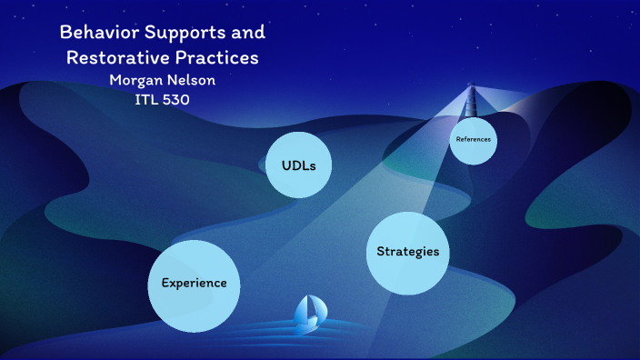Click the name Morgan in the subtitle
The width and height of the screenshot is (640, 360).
click(x=135, y=80)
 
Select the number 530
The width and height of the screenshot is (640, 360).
click(x=176, y=100)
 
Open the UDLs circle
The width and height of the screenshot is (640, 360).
click(x=298, y=165)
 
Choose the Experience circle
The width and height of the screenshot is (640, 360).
click(x=194, y=285)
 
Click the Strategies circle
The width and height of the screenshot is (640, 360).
click(x=408, y=253)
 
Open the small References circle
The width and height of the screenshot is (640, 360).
click(x=474, y=141)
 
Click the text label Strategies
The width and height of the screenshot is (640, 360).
click(x=408, y=252)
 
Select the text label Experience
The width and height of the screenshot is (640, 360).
click(x=194, y=283)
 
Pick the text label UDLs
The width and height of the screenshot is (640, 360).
click(x=298, y=165)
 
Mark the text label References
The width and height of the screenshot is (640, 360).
click(x=474, y=140)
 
